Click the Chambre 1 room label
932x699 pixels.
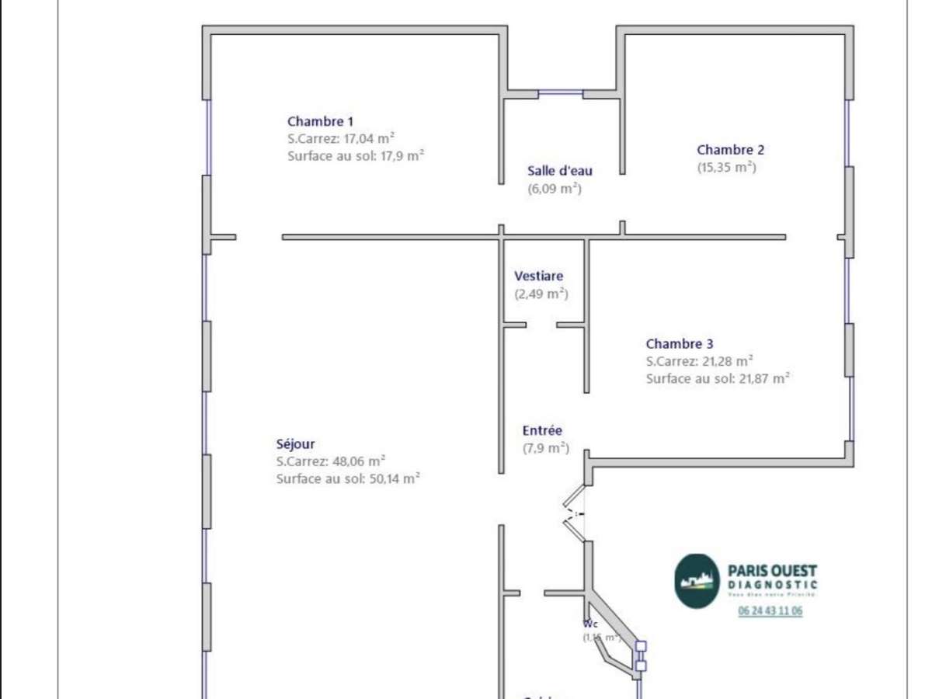(320, 121)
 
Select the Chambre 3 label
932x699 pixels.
(680, 343)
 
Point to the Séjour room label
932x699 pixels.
(296, 444)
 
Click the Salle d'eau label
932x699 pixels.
(559, 171)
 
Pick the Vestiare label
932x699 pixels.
(539, 276)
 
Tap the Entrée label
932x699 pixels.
(542, 430)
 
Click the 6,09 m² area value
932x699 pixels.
(555, 189)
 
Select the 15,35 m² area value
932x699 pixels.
(726, 168)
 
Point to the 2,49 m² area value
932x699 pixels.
(541, 294)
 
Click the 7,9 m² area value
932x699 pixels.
(545, 448)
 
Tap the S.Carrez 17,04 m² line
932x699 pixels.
(341, 138)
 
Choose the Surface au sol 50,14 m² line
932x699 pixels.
(348, 478)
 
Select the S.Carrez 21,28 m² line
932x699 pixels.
(700, 361)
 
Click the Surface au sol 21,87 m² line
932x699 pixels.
(718, 378)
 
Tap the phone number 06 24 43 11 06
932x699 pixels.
(770, 611)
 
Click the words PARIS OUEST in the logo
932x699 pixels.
(772, 571)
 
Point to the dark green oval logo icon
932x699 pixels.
(696, 581)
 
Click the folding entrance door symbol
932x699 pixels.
(574, 513)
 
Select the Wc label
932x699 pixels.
(590, 624)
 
